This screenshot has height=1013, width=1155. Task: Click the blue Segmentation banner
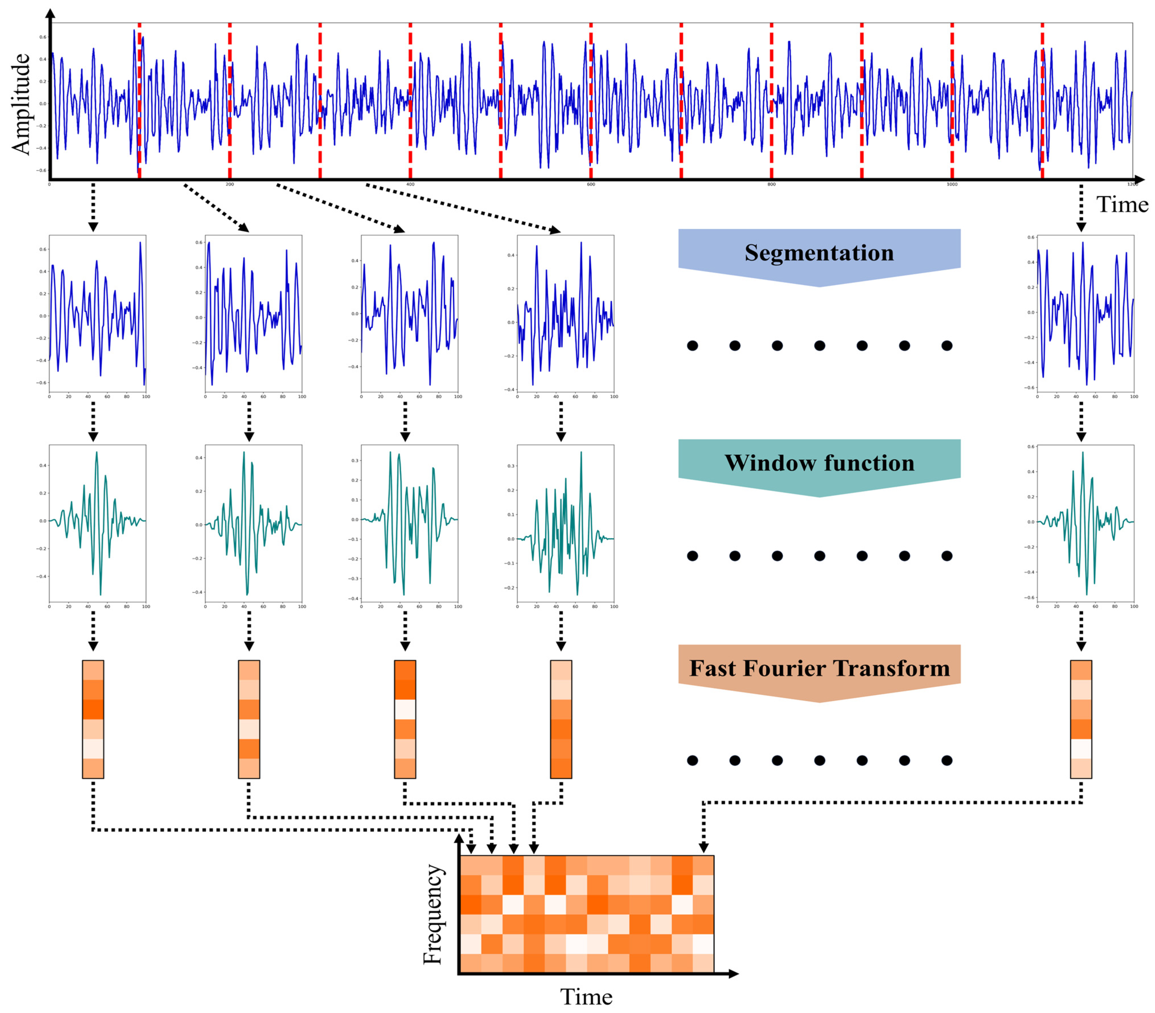tap(819, 253)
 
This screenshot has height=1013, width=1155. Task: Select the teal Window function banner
tap(819, 463)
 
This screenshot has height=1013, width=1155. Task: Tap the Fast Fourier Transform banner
tap(819, 668)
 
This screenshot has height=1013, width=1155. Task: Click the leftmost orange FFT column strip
tap(93, 719)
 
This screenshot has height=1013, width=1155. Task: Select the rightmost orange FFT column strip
tap(1080, 719)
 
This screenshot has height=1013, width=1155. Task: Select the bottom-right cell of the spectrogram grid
tap(703, 962)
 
